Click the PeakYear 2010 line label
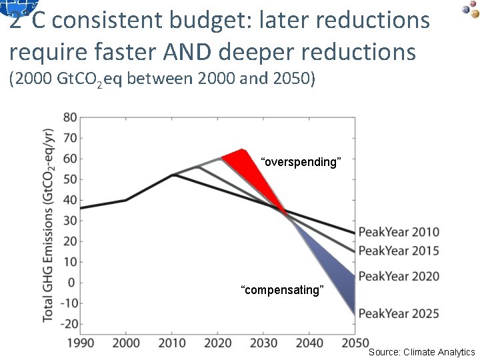(x=399, y=232)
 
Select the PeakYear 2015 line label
(x=399, y=251)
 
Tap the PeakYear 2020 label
(x=399, y=276)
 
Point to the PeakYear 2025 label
(x=399, y=313)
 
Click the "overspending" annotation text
(x=301, y=162)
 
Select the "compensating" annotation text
(x=283, y=290)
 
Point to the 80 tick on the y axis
(x=69, y=118)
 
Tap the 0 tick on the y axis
(x=71, y=283)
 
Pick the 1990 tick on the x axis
(x=80, y=343)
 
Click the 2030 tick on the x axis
(x=263, y=343)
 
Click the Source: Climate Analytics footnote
(x=421, y=352)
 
